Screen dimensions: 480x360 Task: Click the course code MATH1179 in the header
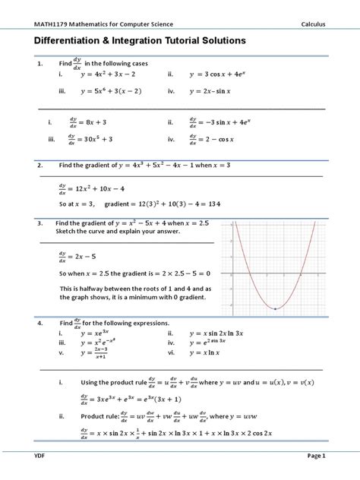point(50,24)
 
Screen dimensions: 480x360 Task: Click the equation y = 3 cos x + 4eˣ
point(226,74)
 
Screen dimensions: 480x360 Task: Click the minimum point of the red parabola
point(275,308)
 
